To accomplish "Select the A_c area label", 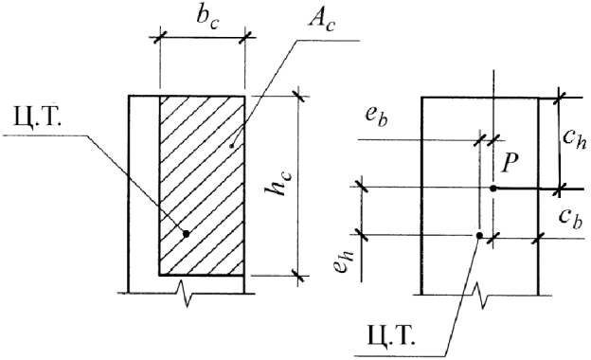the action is [321, 21].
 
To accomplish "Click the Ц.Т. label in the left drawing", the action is [37, 118].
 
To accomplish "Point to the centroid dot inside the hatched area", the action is [186, 234].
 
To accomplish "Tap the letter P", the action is [510, 164].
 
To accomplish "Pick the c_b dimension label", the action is [571, 218].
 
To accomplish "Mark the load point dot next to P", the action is [493, 189].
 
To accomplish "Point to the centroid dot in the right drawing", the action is [479, 236].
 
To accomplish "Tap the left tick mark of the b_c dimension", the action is [160, 37].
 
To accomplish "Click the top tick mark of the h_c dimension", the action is [299, 96].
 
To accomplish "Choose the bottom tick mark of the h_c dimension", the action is [299, 276].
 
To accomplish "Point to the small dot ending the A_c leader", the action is [232, 146].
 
